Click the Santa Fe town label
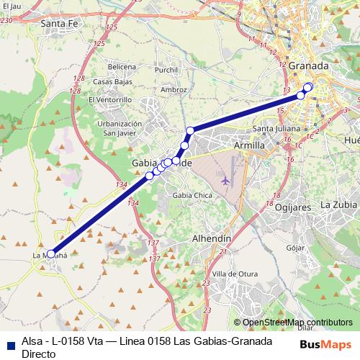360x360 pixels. (x=59, y=24)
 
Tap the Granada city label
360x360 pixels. (x=312, y=66)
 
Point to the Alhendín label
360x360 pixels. (x=211, y=238)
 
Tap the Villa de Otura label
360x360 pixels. (x=235, y=273)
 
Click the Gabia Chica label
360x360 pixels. (x=192, y=195)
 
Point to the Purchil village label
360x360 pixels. (x=166, y=70)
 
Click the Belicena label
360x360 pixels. (x=122, y=67)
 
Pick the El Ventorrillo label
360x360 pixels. (x=112, y=99)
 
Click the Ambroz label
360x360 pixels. (x=174, y=89)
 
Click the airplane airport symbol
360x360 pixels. (x=228, y=179)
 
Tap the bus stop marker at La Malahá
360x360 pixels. (x=50, y=253)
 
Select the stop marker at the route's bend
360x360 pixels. (x=190, y=130)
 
